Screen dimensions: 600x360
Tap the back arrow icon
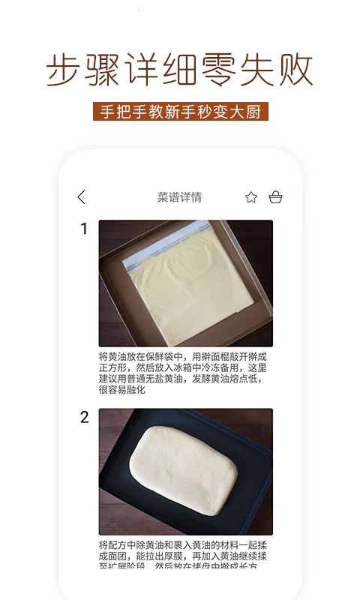82,197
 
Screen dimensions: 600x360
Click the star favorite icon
251,197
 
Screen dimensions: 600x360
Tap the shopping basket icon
275,197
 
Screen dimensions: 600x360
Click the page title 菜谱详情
179,197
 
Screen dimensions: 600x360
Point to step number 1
84,229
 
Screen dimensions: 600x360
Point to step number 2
84,418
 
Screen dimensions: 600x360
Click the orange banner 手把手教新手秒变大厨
180,111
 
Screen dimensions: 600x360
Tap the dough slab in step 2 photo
184,469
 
